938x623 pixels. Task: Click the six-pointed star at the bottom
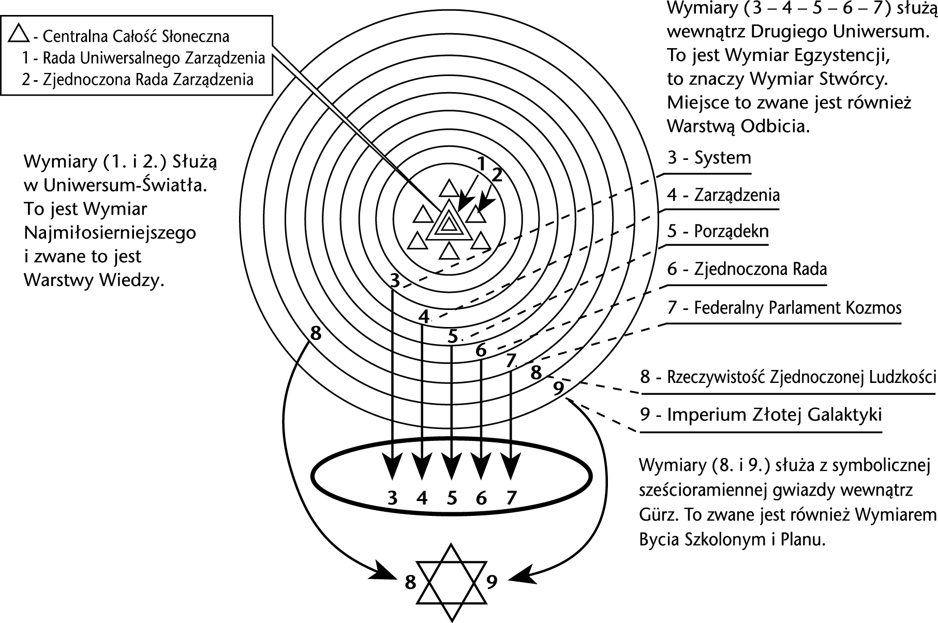coord(452,582)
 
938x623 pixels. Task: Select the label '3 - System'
coord(709,158)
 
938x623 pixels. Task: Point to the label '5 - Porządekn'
coord(718,231)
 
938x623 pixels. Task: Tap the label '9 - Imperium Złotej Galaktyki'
coord(761,415)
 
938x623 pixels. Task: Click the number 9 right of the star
coord(492,582)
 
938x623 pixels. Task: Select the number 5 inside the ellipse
coord(452,498)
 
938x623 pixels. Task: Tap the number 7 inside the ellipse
coord(511,498)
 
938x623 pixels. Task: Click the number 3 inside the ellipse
coord(393,498)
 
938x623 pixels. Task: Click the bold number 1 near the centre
coord(481,165)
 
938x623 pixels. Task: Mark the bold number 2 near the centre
coord(497,175)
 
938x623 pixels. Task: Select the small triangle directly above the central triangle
coord(449,188)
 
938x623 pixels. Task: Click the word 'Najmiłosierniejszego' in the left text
coord(110,233)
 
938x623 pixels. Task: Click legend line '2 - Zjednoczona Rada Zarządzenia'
coord(138,80)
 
